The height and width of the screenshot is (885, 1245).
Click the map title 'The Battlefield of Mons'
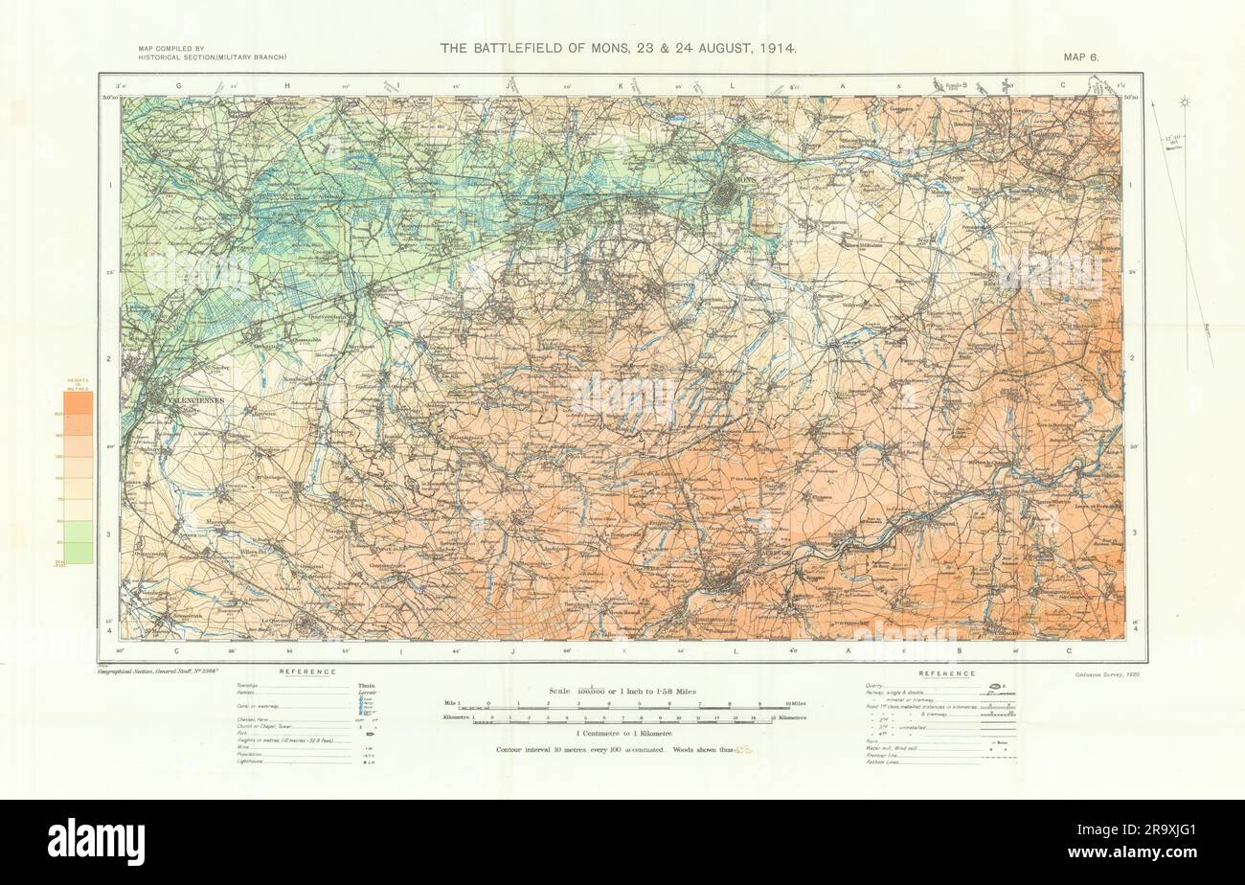click(618, 47)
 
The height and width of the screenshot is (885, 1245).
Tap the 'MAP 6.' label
click(1080, 57)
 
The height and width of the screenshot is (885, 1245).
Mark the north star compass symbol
click(1185, 102)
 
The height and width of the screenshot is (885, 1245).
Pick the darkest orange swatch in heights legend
click(79, 404)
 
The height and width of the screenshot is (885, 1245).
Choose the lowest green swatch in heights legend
click(79, 553)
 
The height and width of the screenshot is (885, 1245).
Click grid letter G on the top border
click(178, 86)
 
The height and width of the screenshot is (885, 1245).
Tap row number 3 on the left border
click(111, 534)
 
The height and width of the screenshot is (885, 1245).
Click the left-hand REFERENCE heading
click(306, 672)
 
